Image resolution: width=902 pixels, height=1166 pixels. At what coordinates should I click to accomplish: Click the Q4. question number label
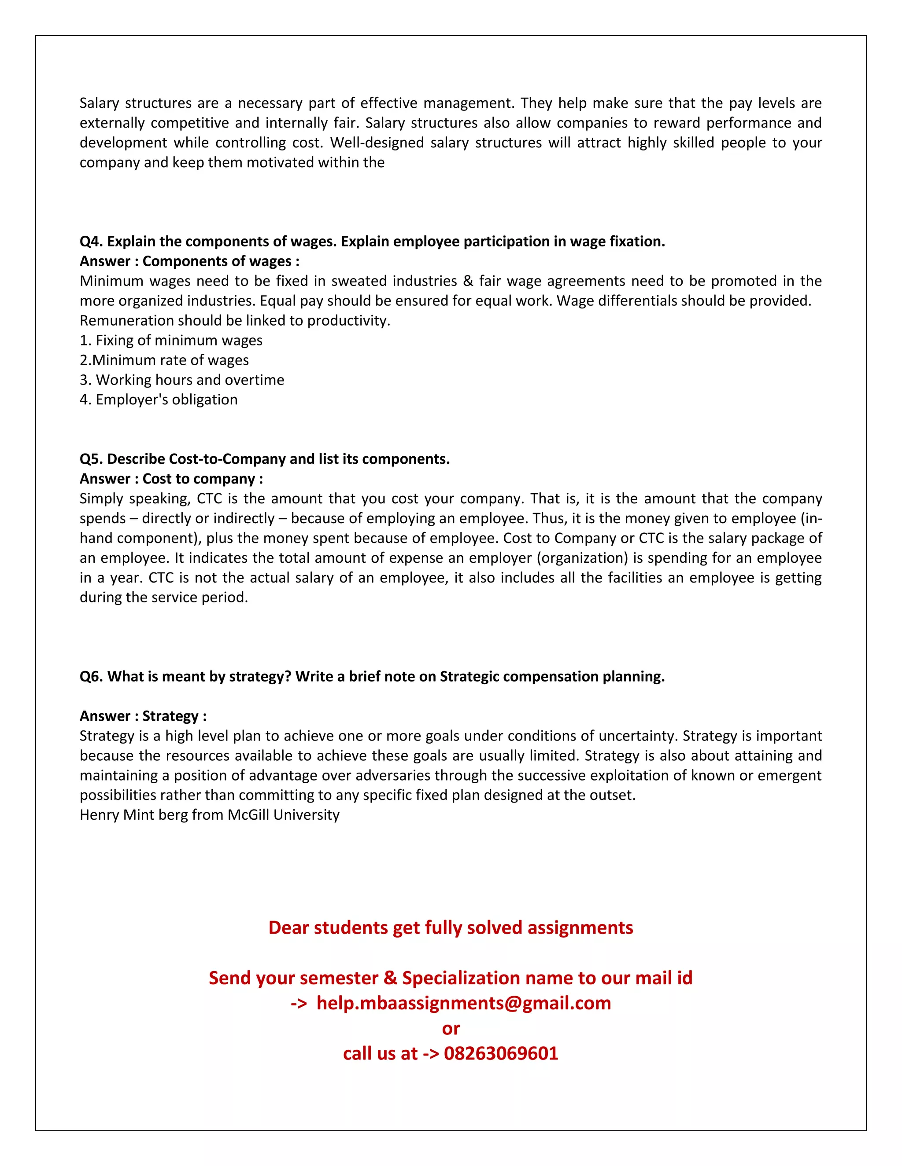tap(91, 242)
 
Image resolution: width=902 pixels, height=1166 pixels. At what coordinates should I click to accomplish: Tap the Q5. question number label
tap(91, 459)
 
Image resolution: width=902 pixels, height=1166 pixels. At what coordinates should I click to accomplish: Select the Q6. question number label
tap(91, 676)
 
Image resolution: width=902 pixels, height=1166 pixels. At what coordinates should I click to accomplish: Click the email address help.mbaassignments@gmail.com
tap(463, 1003)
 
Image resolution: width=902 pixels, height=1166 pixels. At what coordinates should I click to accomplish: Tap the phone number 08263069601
tap(501, 1053)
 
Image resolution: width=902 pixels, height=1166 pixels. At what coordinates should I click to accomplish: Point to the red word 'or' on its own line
tap(451, 1028)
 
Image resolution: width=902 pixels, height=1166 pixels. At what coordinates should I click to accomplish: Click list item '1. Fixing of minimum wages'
tap(171, 341)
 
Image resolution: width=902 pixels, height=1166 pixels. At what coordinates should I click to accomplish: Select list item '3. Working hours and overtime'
tap(182, 380)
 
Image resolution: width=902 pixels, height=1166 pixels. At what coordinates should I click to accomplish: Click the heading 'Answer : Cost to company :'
tap(171, 479)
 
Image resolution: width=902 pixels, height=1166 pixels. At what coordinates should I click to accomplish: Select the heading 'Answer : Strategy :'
tap(143, 716)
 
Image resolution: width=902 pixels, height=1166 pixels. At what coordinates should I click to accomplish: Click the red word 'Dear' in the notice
tap(288, 928)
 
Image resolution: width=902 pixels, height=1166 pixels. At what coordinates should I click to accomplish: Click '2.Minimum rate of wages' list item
tap(164, 360)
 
